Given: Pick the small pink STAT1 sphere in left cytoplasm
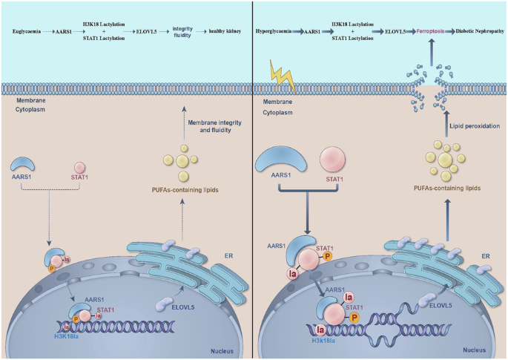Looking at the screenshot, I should click(x=79, y=168).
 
